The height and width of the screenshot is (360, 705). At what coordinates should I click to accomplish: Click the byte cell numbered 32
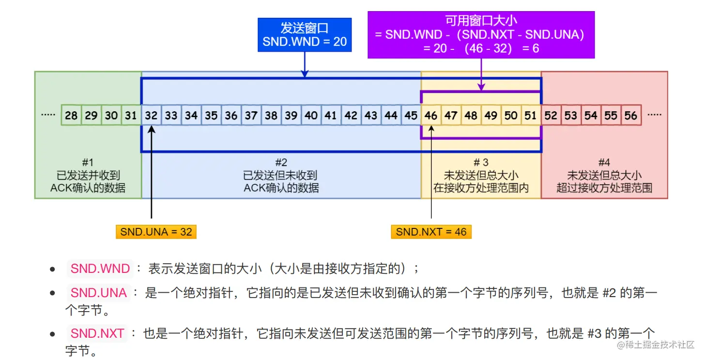(151, 116)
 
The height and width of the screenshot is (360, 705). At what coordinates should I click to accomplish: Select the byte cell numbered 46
(431, 116)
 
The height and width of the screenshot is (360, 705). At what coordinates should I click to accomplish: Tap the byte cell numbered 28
(71, 116)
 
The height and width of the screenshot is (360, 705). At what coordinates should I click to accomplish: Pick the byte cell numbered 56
(631, 116)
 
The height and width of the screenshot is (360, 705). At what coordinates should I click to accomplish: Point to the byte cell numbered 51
(531, 116)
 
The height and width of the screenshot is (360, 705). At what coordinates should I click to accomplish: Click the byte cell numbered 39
(291, 116)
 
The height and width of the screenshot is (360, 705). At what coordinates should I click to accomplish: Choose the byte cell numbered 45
(411, 116)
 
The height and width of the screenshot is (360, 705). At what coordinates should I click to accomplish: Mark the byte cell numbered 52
(551, 116)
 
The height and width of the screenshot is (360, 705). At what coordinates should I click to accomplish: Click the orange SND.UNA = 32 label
(156, 232)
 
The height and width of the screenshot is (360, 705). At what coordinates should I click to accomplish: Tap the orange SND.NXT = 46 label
(431, 232)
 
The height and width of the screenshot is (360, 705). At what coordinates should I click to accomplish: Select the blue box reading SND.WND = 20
(305, 35)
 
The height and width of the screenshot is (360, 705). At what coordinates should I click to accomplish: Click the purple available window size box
(481, 35)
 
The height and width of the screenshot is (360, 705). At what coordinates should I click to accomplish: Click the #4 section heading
(604, 163)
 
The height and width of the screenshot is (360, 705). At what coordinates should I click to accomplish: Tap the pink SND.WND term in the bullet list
(100, 269)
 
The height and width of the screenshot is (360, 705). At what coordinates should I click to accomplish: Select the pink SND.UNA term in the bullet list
(98, 293)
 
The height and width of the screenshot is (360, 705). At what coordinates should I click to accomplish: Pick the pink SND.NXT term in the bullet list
(97, 333)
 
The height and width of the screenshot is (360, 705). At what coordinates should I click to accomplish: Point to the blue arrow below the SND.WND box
(305, 64)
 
